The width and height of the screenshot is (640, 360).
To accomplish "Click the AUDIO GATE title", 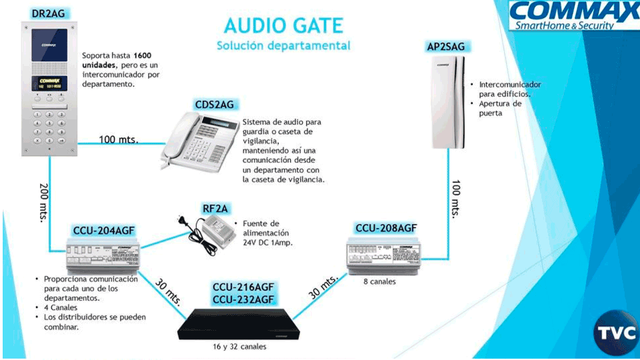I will tap(283, 25).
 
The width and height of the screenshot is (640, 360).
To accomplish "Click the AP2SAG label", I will tap(445, 47).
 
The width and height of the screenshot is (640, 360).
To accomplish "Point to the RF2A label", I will tap(215, 209).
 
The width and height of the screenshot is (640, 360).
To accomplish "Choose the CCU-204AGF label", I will tap(104, 231).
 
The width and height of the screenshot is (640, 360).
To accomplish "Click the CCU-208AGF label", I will tap(386, 228).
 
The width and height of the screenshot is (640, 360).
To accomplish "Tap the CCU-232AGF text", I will tap(243, 299).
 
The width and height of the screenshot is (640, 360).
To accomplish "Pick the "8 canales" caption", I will tap(379, 281).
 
